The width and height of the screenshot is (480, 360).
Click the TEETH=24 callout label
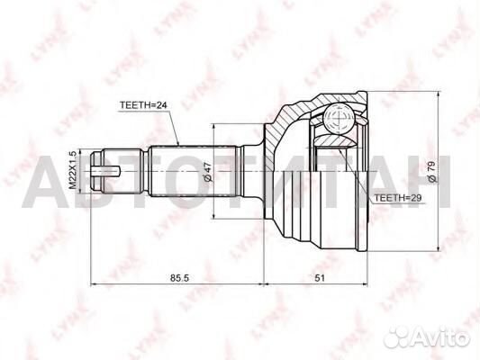tap(143, 105)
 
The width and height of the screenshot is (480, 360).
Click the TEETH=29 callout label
tap(398, 198)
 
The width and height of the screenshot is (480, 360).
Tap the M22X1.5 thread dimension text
tap(72, 170)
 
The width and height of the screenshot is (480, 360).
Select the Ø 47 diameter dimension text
tap(207, 172)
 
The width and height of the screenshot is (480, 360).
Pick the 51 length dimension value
tap(320, 278)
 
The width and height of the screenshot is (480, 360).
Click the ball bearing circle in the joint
tap(340, 118)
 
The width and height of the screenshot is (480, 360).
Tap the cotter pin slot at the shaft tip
tap(105, 171)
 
